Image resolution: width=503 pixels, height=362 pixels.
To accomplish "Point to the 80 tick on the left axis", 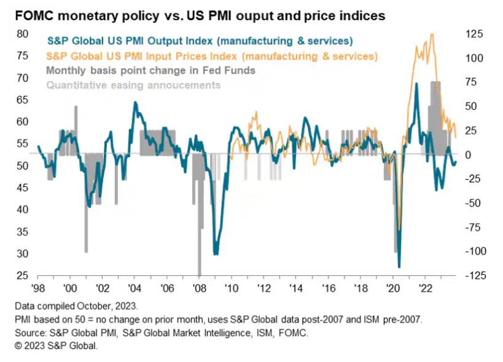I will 22,34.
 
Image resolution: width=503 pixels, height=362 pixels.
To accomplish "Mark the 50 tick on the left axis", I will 22,166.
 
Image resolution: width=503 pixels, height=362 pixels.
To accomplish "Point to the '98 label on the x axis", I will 38,287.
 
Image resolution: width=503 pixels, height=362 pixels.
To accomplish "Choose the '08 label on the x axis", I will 199,287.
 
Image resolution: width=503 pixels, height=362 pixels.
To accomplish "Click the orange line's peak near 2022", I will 432,34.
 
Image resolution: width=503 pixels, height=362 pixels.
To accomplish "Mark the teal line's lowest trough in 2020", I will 399,266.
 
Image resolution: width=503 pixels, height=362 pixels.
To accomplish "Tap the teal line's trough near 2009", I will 216,253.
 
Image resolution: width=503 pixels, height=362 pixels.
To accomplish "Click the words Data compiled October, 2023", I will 77,305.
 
